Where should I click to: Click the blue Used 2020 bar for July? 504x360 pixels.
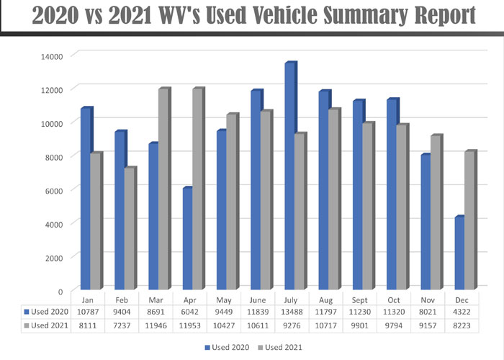(x=289, y=176)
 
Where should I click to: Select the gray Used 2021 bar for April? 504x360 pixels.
(x=197, y=189)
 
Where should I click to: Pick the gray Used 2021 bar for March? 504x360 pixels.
(x=163, y=189)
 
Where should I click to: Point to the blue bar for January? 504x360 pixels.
(x=86, y=199)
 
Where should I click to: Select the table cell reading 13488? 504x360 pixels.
(x=292, y=312)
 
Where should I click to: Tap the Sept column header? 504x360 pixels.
(x=361, y=298)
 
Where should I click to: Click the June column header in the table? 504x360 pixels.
(x=258, y=298)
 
